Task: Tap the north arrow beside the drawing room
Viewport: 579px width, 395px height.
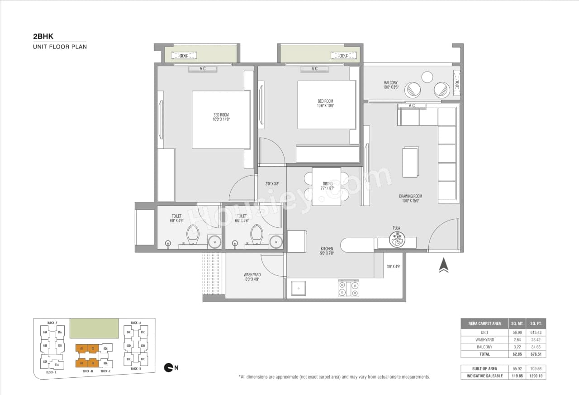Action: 444,265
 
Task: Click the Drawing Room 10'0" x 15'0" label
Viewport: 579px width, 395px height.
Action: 410,198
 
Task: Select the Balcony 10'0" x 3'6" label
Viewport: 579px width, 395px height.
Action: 390,85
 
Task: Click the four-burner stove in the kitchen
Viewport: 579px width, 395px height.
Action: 348,288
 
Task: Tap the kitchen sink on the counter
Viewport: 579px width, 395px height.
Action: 298,288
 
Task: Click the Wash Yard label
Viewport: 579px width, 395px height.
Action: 252,277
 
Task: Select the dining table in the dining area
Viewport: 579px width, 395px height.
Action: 326,186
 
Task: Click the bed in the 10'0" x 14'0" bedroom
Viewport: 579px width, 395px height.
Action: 221,120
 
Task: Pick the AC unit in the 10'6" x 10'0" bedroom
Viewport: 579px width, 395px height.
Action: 315,69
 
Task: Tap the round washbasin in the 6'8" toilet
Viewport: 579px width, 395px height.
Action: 214,242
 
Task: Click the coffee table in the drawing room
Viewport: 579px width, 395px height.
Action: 411,162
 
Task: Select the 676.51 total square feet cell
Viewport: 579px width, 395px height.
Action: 536,354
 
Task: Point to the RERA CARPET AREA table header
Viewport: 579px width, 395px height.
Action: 484,323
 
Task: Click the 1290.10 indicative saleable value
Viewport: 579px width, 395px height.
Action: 536,376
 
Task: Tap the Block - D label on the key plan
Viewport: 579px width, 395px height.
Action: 88,371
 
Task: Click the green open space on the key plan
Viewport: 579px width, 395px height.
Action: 94,328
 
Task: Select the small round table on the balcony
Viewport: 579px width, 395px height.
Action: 427,77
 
